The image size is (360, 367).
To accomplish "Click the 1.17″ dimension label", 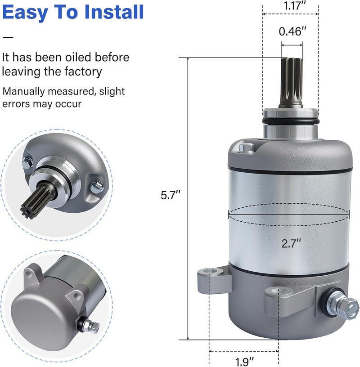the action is point(295,5).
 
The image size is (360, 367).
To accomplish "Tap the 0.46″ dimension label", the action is point(292,31).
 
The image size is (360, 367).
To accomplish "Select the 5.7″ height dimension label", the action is point(171,195).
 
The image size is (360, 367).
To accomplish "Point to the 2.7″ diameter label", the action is point(291,243).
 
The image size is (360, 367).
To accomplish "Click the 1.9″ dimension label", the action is point(244,362).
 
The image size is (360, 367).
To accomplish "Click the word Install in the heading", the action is point(114,12).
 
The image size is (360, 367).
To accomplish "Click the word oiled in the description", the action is point(78,57).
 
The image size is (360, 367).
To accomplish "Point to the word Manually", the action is point(23,91).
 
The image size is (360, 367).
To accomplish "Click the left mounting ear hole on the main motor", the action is point(210,272).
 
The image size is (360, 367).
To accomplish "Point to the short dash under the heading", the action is point(8,37).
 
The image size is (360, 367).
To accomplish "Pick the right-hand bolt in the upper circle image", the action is point(97,186).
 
